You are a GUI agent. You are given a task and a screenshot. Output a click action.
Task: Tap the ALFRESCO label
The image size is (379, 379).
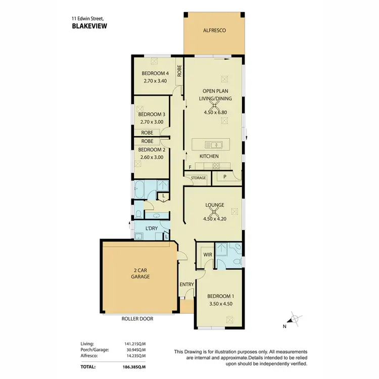[214, 30]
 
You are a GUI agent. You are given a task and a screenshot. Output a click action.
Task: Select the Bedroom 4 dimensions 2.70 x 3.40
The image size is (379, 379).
[155, 81]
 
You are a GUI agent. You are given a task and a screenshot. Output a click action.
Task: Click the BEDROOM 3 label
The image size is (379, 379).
[152, 114]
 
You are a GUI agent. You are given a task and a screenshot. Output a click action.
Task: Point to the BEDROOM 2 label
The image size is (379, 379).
[152, 150]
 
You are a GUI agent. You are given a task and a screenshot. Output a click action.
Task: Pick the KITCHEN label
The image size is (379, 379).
[209, 156]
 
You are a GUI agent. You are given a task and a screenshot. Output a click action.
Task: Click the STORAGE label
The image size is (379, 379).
[198, 178]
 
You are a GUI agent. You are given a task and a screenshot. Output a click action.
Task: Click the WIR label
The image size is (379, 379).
[207, 255]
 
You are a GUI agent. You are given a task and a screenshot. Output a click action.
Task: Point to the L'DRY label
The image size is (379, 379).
[152, 229]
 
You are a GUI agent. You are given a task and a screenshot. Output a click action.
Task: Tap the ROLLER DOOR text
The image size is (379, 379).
[137, 319]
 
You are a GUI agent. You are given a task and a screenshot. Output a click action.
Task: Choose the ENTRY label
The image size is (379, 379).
[186, 285]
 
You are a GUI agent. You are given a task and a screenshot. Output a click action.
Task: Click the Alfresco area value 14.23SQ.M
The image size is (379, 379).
[135, 356]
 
